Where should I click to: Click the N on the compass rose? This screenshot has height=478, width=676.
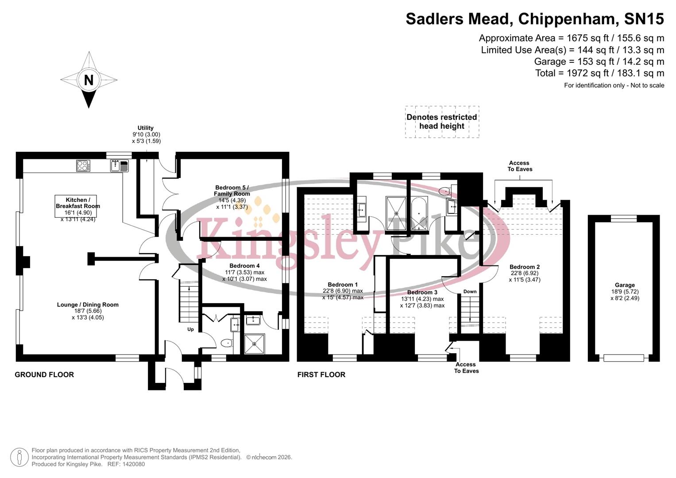click(89, 80)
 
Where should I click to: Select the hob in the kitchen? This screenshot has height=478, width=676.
click(83, 166)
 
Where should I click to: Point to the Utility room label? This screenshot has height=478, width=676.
click(146, 128)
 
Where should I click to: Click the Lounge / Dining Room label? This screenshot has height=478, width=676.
click(88, 305)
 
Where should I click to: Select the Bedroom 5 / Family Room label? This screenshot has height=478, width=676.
click(232, 191)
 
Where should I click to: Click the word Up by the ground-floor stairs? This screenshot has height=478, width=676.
click(190, 329)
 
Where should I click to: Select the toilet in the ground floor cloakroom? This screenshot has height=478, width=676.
click(226, 343)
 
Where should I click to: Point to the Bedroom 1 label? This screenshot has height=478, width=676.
click(343, 285)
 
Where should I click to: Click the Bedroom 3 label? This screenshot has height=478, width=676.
click(422, 292)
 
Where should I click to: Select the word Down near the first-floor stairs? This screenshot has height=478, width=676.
click(470, 291)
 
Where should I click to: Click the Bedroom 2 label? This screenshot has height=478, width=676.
click(525, 267)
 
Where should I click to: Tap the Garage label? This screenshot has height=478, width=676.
click(625, 285)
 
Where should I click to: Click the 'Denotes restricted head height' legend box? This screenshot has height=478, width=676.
click(442, 122)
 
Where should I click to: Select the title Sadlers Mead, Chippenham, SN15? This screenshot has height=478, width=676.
click(534, 19)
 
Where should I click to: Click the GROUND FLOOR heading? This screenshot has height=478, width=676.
click(44, 374)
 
